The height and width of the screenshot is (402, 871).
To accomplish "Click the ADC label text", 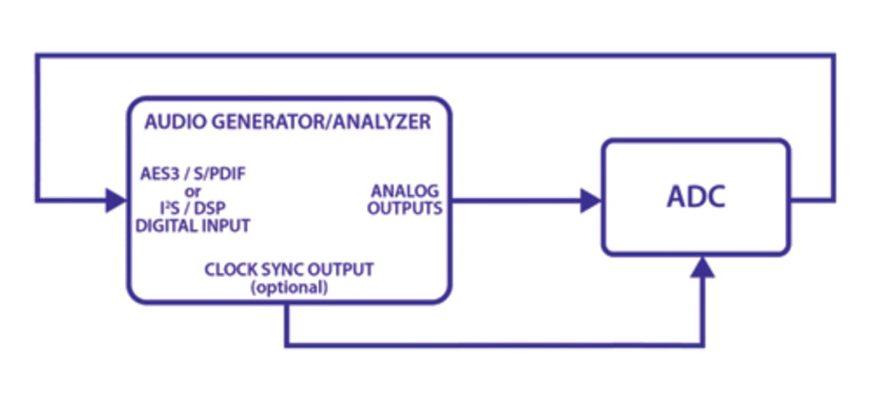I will [x=695, y=198].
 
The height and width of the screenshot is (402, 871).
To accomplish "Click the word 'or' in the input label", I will [x=193, y=192].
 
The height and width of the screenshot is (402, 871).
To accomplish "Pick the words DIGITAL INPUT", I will [x=193, y=226].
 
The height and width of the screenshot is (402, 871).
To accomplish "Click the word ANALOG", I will [x=405, y=192].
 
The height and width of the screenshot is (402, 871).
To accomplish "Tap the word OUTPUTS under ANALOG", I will [x=405, y=209].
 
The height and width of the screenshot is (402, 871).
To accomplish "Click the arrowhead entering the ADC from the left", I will [x=591, y=201].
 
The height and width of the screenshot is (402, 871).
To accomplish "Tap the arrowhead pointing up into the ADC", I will [x=702, y=268].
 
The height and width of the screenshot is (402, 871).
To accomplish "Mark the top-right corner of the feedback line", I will [x=833, y=55].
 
